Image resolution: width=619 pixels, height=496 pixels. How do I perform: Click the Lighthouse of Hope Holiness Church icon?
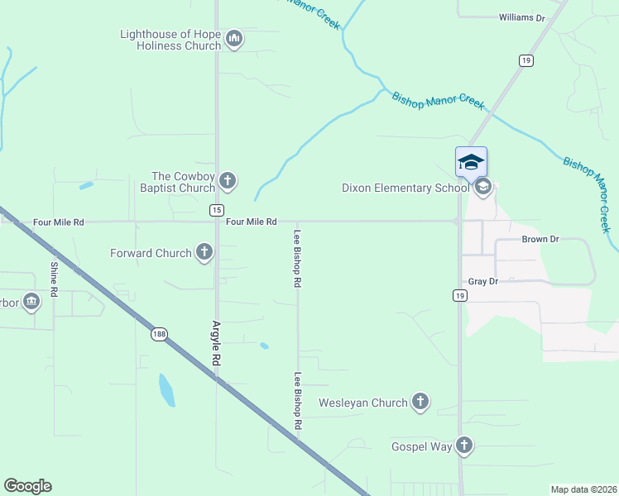click(x=234, y=39)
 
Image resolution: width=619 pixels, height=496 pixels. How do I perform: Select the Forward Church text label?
click(x=151, y=253)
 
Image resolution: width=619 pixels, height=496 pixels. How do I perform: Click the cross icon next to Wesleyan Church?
click(x=420, y=403)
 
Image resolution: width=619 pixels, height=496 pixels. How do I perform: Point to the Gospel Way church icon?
click(x=464, y=446)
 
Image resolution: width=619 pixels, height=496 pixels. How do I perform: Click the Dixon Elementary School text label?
click(x=405, y=188)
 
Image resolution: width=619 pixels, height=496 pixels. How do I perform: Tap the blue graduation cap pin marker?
click(x=471, y=161)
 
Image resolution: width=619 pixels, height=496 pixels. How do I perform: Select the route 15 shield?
click(x=216, y=210)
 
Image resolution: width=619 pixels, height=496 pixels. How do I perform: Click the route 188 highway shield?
click(x=159, y=334)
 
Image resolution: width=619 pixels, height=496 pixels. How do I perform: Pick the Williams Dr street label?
click(x=523, y=17)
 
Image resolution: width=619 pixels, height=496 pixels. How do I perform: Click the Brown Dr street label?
click(x=540, y=239)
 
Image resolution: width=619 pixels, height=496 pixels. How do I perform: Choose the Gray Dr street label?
click(x=482, y=281)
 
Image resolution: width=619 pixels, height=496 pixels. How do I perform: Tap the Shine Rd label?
click(x=54, y=279)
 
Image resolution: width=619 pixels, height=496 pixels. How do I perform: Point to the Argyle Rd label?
click(x=216, y=343)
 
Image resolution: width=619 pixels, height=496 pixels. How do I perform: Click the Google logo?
click(x=27, y=486)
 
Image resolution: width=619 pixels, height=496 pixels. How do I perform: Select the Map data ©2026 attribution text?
click(x=583, y=489)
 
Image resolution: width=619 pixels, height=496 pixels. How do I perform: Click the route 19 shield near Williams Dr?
click(x=526, y=60)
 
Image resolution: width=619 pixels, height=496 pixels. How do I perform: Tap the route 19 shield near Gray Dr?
click(x=459, y=295)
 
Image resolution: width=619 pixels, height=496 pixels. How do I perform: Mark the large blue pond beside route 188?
click(x=166, y=390)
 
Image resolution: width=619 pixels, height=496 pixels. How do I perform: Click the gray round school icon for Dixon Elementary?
click(x=483, y=188)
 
